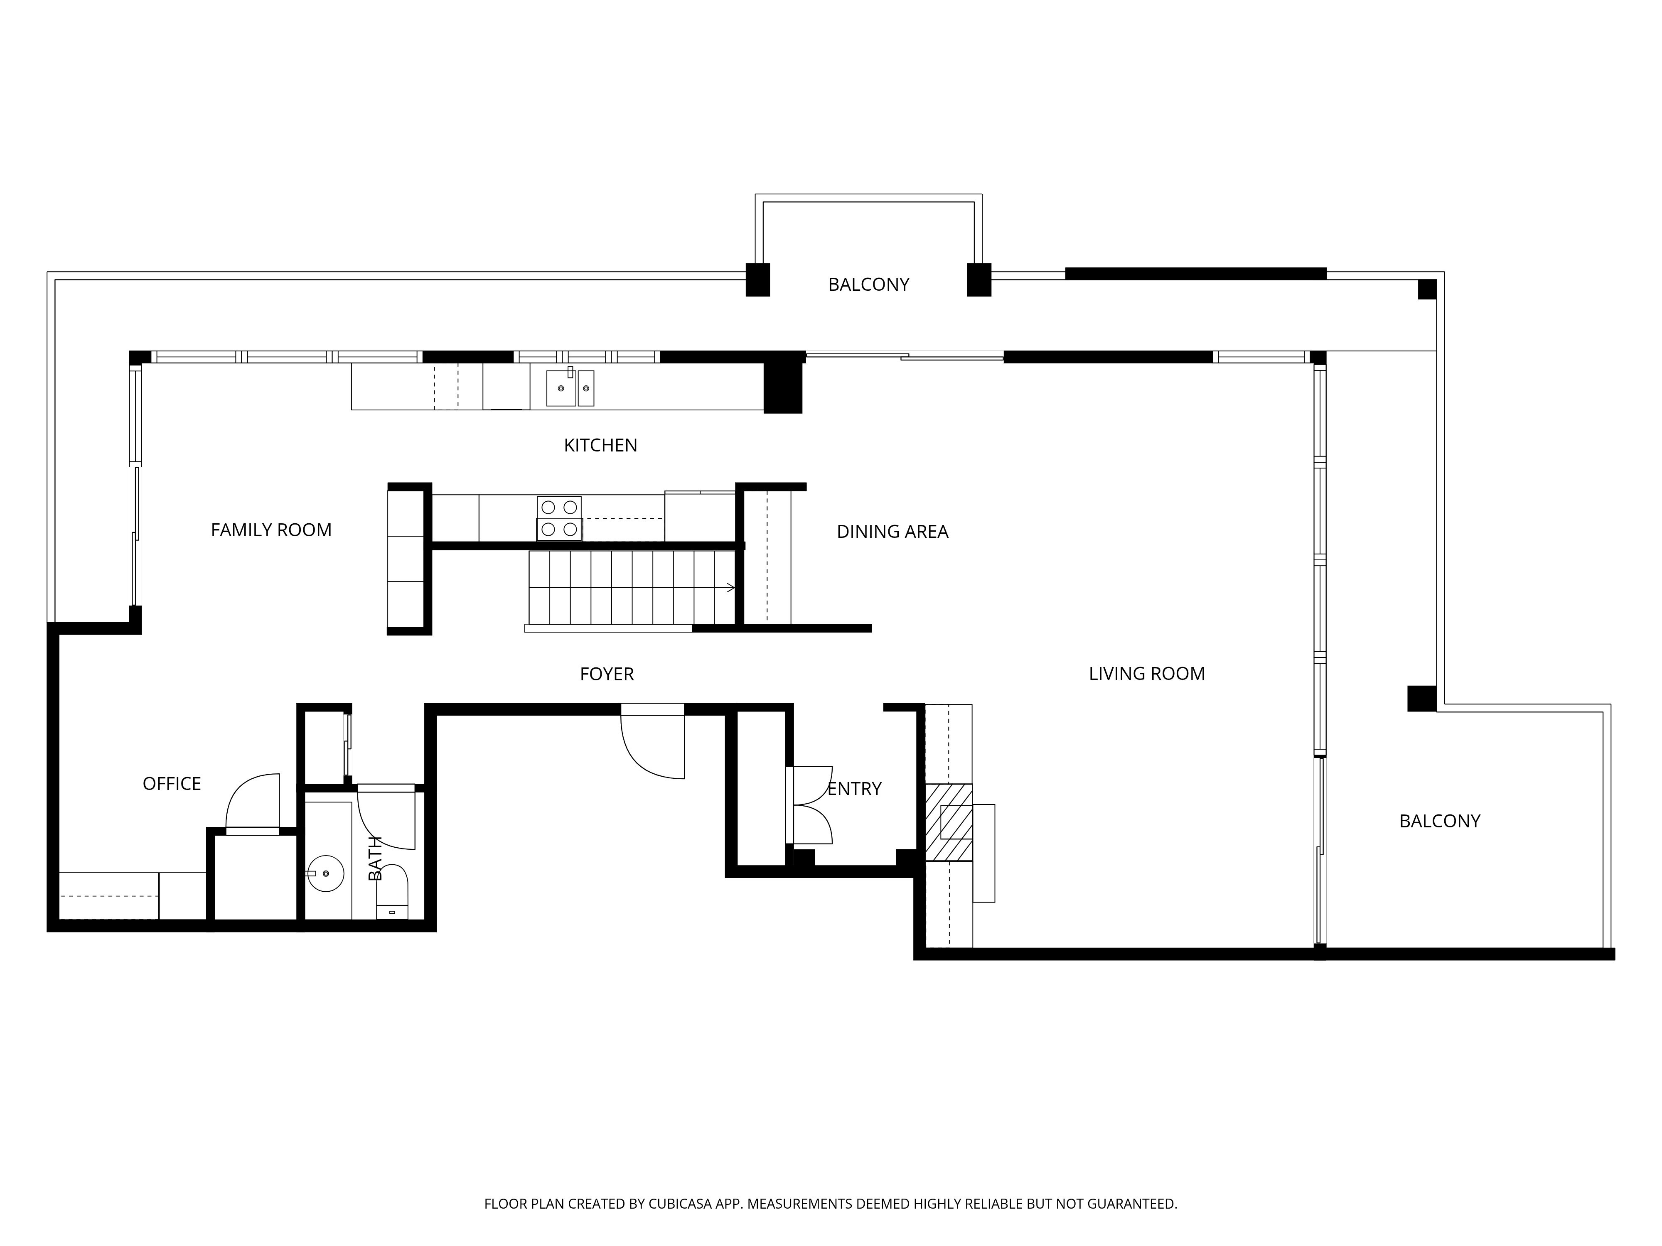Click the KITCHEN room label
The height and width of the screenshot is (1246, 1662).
(600, 445)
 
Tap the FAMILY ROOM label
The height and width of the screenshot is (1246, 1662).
(271, 530)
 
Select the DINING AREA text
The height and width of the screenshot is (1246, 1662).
(892, 532)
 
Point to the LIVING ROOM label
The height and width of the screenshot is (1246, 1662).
(1146, 674)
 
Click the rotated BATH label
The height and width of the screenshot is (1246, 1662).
(375, 858)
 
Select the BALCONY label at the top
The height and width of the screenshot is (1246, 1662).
(868, 285)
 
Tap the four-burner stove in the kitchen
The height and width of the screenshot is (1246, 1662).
(559, 518)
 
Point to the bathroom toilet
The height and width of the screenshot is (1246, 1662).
(391, 891)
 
